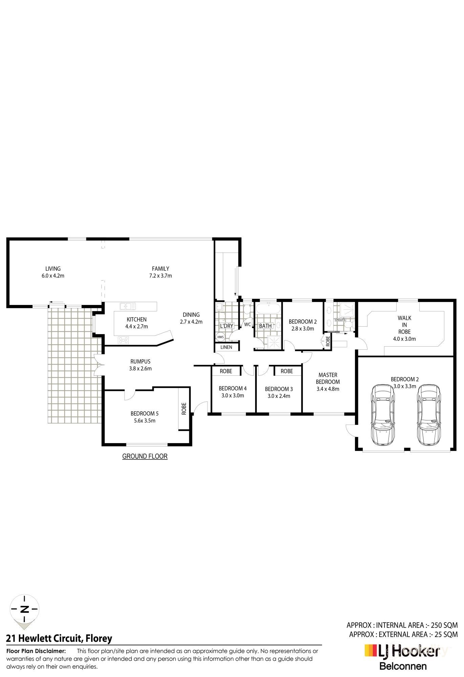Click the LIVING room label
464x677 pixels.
point(53,269)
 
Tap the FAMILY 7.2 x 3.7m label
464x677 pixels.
point(161,272)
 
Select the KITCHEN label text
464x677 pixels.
point(136,319)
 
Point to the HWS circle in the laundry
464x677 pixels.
point(220,337)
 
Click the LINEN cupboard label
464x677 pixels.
point(226,347)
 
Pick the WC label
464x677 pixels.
point(248,324)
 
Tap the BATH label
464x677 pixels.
point(265,326)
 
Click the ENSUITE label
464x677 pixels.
point(340,320)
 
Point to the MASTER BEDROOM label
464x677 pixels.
point(328,378)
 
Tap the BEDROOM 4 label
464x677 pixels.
point(232,388)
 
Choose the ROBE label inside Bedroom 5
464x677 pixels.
point(184,409)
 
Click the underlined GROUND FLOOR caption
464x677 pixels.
point(145,456)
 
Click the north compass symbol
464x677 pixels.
point(24,609)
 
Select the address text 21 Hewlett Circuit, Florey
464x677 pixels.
point(59,638)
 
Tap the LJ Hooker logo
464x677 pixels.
point(402,652)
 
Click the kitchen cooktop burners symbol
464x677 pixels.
point(123,340)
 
